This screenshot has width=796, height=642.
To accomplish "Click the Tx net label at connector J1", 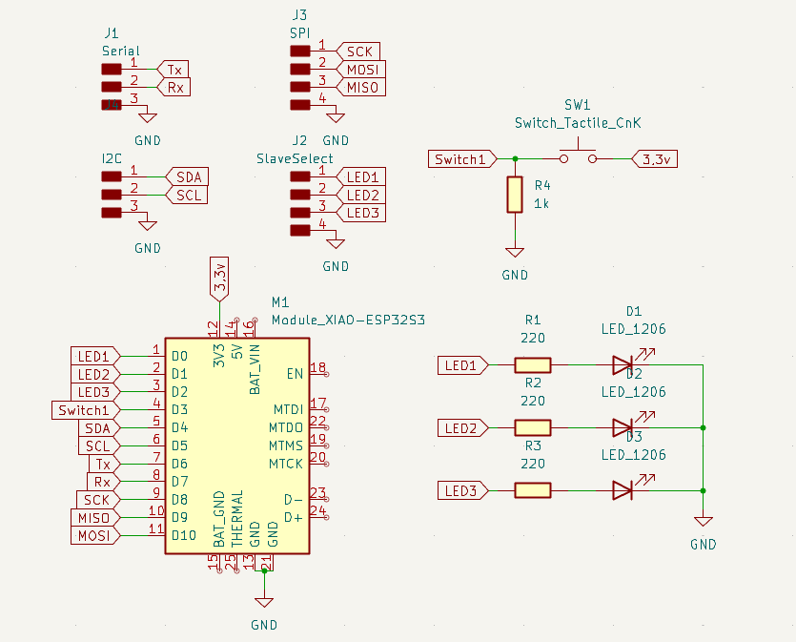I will coord(173,70).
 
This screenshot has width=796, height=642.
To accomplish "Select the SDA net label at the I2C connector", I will coord(188,177).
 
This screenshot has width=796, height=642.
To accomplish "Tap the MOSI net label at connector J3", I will coord(361,70).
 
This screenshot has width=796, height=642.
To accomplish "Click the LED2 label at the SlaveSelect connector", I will coord(362,196).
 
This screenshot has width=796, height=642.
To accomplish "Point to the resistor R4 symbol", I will coord(515,194).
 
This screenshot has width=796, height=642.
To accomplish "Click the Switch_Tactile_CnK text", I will coord(578,123).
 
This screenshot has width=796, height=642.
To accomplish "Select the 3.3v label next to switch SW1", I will coord(655,159).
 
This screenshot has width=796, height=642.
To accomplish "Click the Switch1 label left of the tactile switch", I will coord(461,159).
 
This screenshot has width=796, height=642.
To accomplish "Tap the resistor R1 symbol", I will coord(533,364).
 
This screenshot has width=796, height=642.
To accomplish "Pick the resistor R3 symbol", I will coord(533,490).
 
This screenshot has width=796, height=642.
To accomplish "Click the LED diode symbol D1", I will coord(623,364).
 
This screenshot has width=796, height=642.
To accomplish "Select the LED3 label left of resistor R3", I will coord(461,490).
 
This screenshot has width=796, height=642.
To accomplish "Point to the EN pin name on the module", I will coord(295,373).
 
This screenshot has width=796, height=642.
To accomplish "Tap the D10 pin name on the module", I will coord(184,535).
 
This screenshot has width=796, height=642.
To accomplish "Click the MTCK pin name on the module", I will coord(285,464).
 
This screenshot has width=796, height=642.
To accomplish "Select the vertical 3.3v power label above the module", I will coord(220,278).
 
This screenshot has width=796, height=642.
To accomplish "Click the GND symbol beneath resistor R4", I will coord(515,253).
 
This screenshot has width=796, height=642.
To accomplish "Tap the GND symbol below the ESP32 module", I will coord(264,603).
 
